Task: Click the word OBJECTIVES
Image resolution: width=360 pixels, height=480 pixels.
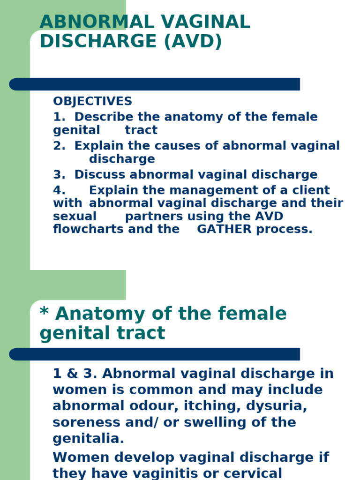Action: pyautogui.click(x=92, y=101)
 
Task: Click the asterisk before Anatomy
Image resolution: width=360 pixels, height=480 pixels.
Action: pyautogui.click(x=45, y=312)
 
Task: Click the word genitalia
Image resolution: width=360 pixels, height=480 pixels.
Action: pyautogui.click(x=89, y=439)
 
